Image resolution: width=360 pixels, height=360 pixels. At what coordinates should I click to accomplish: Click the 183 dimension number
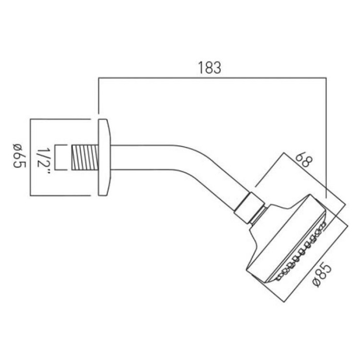pyautogui.click(x=209, y=68)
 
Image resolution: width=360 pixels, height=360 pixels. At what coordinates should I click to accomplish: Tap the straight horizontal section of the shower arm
pyautogui.click(x=145, y=156)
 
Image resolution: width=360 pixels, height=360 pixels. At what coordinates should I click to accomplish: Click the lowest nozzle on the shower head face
pyautogui.click(x=280, y=277)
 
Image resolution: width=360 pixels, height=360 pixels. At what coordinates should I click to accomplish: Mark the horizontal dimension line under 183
pyautogui.click(x=212, y=79)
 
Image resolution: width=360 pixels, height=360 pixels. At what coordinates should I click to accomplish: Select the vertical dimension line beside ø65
pyautogui.click(x=31, y=157)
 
